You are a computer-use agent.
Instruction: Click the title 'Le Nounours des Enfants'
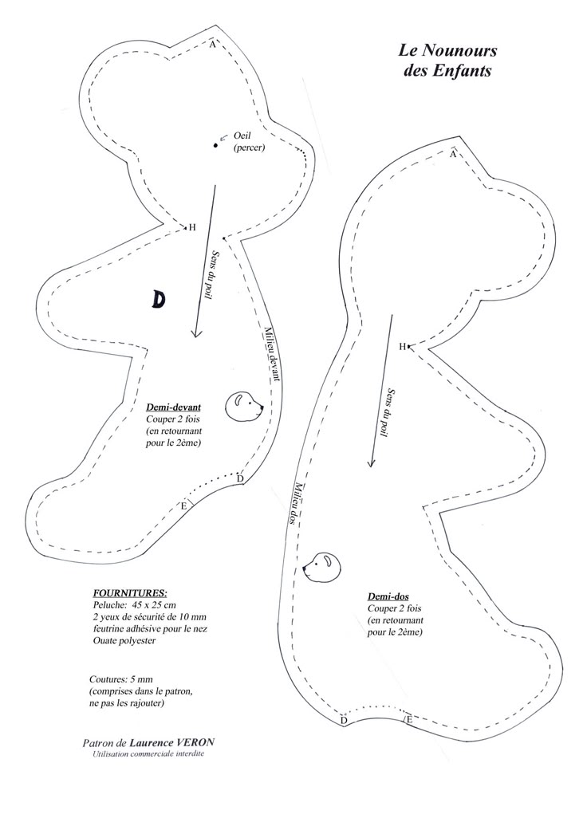pos(447,61)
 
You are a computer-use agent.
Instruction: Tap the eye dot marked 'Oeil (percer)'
pos(215,145)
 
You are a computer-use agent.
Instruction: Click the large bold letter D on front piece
pos(158,300)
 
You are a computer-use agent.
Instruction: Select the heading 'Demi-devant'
pos(174,407)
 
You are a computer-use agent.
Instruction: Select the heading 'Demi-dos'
pos(388,596)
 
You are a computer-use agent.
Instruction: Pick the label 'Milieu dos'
pos(298,503)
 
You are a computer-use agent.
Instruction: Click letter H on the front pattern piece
pos(193,227)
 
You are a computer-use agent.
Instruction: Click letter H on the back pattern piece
pos(402,347)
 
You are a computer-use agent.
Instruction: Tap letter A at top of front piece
pos(212,45)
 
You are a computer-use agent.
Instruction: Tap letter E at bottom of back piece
pos(408,719)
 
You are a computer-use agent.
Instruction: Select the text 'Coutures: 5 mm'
pos(121,679)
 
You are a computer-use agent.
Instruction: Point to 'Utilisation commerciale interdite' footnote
pos(148,753)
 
